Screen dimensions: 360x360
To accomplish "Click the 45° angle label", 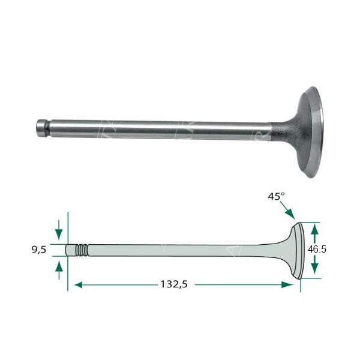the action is (276, 197).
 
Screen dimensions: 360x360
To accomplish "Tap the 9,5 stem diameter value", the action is (39, 250).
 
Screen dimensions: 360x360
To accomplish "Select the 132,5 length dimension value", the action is (174, 284).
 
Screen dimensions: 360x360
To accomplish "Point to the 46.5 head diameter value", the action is (317, 249).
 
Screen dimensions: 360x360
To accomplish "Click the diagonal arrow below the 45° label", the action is (287, 210).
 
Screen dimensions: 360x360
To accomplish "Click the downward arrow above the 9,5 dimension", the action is (59, 230).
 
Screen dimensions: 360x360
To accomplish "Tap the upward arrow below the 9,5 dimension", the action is (59, 270).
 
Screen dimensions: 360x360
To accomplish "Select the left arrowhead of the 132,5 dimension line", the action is (79, 285).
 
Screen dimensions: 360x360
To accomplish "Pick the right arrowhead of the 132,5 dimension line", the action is (287, 285).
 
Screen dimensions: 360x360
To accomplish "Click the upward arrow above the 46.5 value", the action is (314, 232).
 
